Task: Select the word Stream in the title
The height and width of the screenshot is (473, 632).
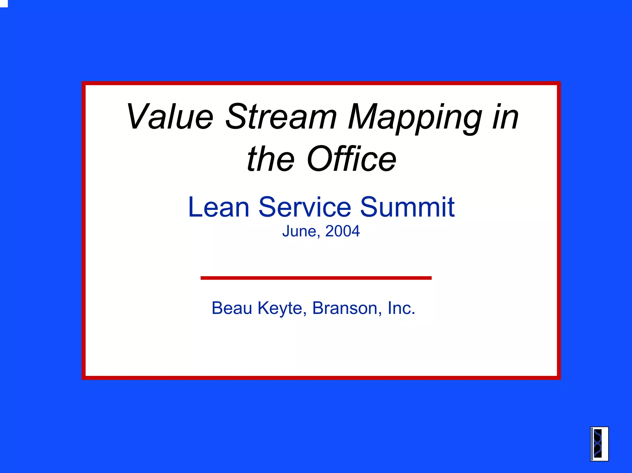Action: pyautogui.click(x=281, y=116)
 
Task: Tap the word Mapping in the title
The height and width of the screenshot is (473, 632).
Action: pyautogui.click(x=415, y=118)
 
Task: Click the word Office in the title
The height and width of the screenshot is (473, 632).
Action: pyautogui.click(x=351, y=159)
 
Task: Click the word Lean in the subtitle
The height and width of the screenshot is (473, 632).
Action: pyautogui.click(x=219, y=207)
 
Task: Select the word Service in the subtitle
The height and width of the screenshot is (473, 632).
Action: pyautogui.click(x=305, y=207)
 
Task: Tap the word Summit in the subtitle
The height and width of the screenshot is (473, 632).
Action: pyautogui.click(x=407, y=207)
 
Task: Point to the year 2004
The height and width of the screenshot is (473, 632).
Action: pyautogui.click(x=343, y=231)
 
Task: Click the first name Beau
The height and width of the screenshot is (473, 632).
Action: pyautogui.click(x=232, y=308)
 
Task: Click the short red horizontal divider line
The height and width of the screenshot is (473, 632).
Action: pyautogui.click(x=316, y=278)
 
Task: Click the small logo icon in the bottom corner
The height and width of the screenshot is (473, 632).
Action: pyautogui.click(x=599, y=444)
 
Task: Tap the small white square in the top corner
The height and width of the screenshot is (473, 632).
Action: pyautogui.click(x=3, y=3)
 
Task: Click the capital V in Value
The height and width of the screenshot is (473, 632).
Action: pyautogui.click(x=137, y=116)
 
